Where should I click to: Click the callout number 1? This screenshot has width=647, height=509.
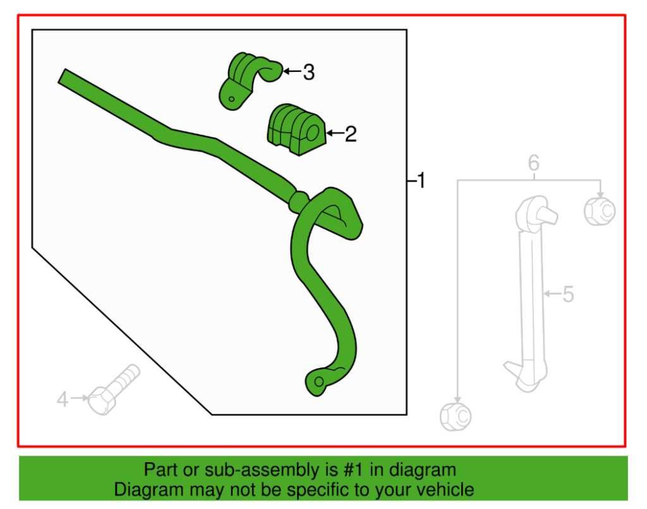pos(421,182)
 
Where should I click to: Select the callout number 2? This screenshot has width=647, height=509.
pos(351,133)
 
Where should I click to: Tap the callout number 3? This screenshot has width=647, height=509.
pos(308,72)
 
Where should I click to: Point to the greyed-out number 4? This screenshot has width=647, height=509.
pos(63,399)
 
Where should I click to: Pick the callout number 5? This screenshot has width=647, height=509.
pos(568,294)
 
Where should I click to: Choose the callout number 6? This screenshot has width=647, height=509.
pos(534,164)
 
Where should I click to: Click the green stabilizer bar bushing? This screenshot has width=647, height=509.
pos(295,129)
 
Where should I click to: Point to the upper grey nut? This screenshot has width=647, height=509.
pos(599,210)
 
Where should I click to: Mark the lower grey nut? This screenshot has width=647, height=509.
pos(456,416)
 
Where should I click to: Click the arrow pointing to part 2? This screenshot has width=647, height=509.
pos(335,133)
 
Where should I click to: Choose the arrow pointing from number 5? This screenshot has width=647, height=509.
pos(552,294)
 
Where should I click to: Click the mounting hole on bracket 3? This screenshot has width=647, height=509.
pos(233,98)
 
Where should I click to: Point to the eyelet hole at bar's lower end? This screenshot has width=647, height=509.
pos(319,381)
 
